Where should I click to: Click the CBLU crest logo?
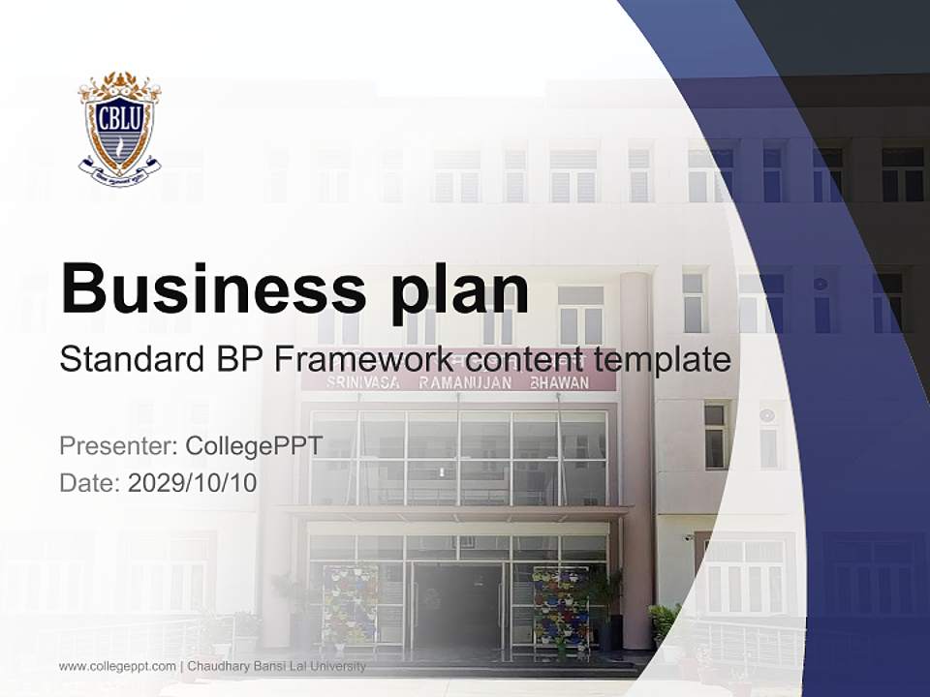click(119, 129)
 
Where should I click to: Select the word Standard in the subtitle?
click(129, 360)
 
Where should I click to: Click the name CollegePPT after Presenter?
click(254, 446)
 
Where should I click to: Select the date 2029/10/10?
click(192, 482)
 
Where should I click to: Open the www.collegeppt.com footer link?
click(117, 666)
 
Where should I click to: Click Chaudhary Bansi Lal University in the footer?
click(277, 666)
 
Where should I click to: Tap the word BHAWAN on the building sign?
click(559, 383)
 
